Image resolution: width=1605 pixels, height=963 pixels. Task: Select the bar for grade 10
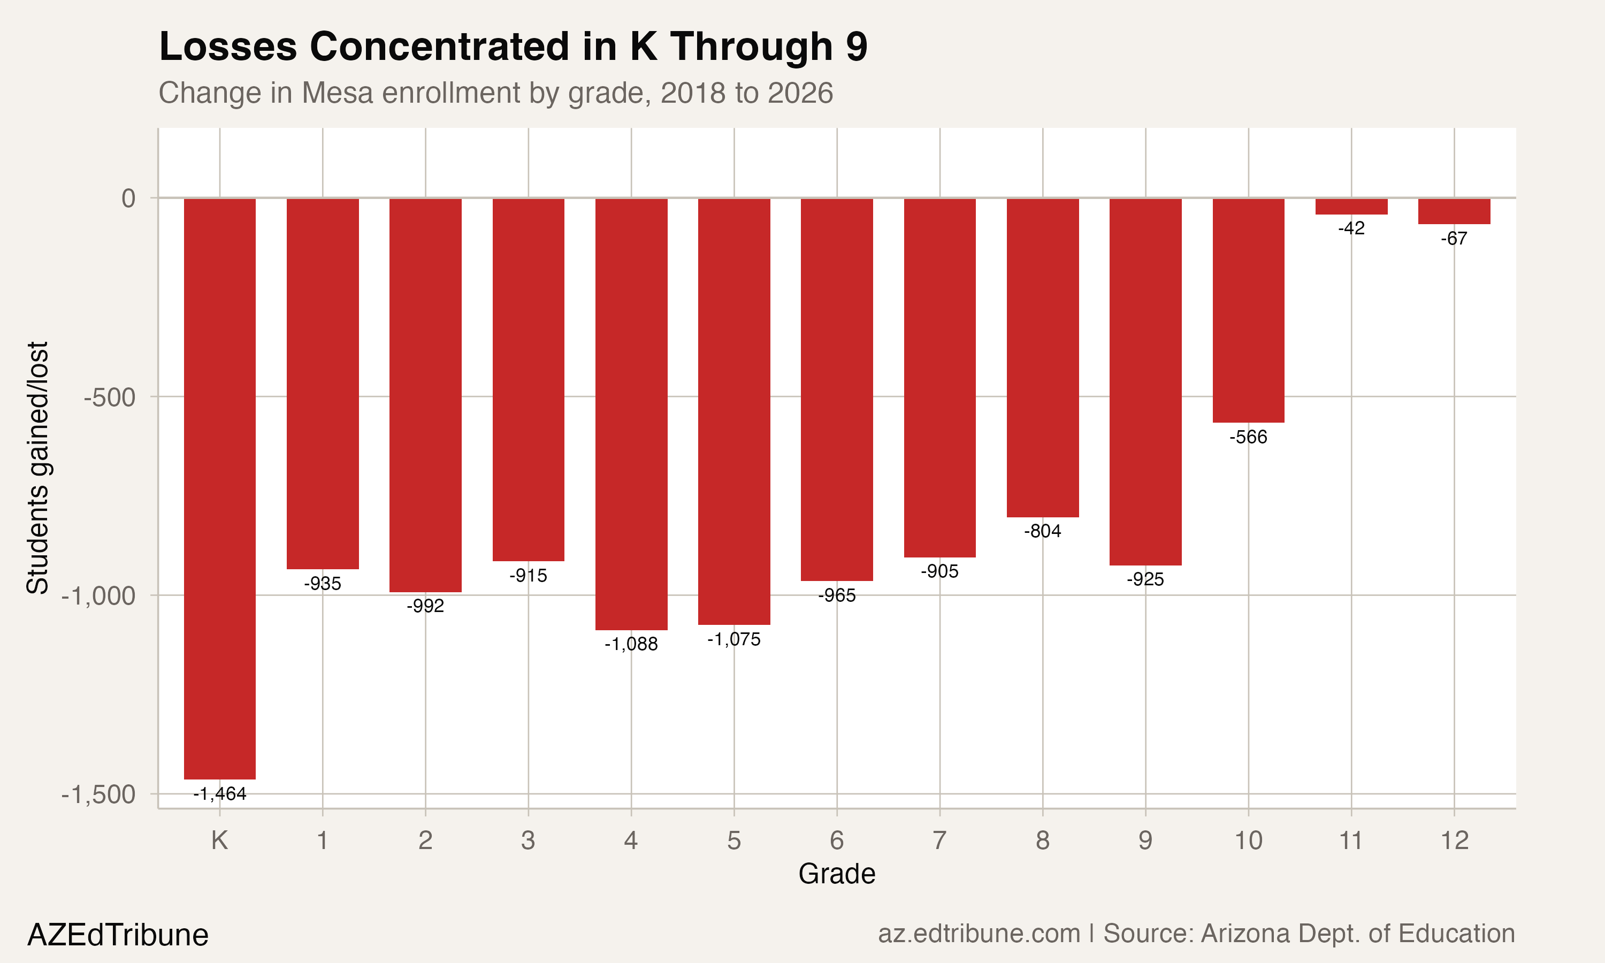pos(1248,310)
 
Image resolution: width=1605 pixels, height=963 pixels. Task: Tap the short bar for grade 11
pos(1351,207)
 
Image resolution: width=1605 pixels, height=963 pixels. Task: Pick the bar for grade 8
pos(1043,357)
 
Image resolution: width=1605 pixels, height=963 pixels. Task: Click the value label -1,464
pos(220,793)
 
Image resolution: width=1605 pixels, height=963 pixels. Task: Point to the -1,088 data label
pos(631,644)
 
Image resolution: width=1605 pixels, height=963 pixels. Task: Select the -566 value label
pos(1248,437)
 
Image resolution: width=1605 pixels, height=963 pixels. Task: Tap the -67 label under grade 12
pos(1454,239)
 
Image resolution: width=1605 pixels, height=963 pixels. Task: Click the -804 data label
pos(1043,531)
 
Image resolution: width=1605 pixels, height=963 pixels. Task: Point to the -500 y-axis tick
pos(110,397)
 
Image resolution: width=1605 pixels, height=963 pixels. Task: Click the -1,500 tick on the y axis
pos(98,794)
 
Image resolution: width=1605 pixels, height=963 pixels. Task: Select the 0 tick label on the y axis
pos(128,198)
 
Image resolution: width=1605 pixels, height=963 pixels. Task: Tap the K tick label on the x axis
pos(219,840)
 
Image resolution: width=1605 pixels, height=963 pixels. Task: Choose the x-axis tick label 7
pos(939,840)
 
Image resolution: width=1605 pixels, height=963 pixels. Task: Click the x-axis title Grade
pos(836,874)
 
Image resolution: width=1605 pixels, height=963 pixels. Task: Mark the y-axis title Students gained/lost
pos(37,467)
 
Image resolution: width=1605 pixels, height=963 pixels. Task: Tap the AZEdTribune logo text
pos(118,935)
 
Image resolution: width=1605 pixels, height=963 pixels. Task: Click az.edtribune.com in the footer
pos(979,933)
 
